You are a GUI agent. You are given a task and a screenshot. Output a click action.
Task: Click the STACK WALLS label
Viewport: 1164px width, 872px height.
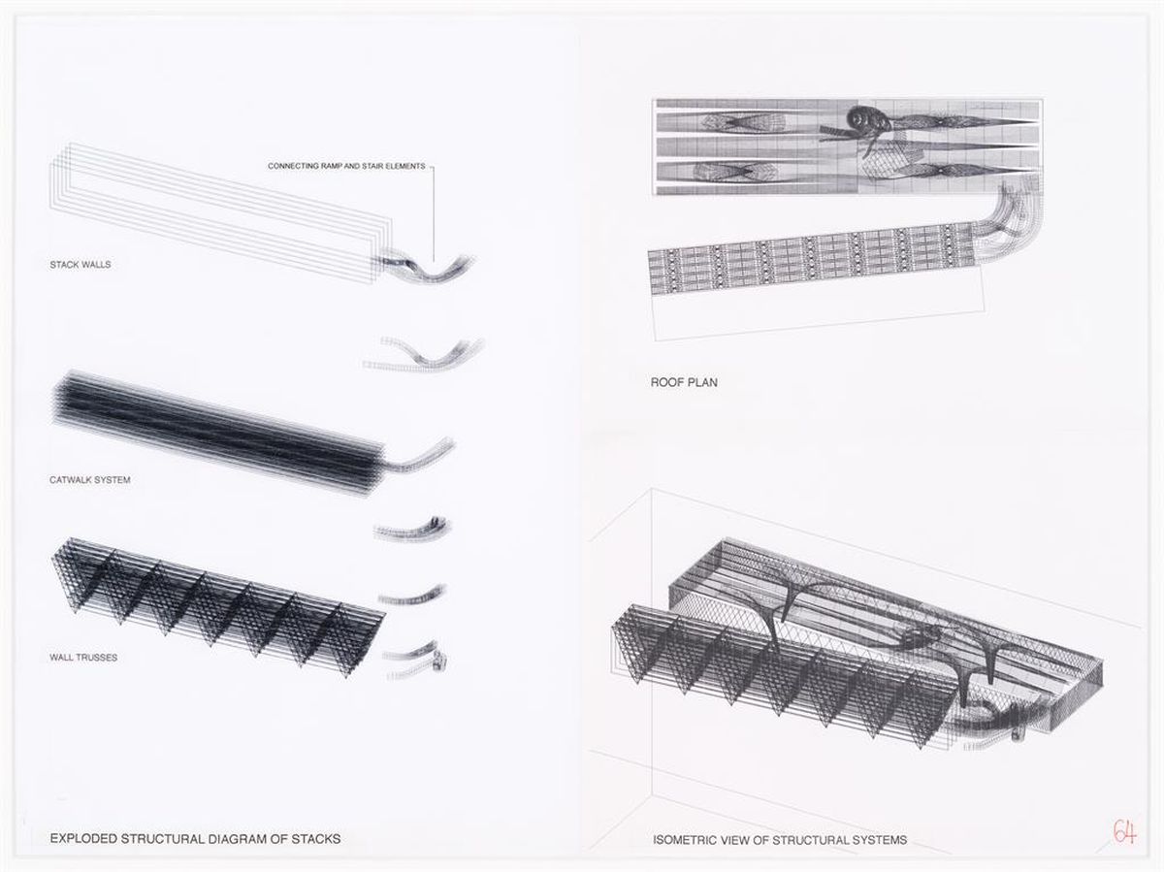click(x=81, y=265)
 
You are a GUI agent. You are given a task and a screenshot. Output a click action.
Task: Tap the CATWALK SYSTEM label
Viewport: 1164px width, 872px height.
click(x=89, y=480)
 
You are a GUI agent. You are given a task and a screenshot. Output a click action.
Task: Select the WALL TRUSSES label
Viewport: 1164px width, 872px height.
click(x=83, y=658)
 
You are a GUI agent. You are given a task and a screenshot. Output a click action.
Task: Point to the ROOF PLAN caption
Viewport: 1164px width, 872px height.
click(x=684, y=382)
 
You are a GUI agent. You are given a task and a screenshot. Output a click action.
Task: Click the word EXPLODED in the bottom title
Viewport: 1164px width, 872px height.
click(x=83, y=839)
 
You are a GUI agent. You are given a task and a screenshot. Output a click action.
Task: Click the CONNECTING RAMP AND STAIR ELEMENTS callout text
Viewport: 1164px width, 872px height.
click(x=346, y=166)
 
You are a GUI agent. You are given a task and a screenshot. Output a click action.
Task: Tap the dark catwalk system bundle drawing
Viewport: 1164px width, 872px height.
click(x=217, y=432)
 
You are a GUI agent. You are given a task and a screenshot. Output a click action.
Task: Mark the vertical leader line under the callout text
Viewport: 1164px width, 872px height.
click(x=434, y=213)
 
